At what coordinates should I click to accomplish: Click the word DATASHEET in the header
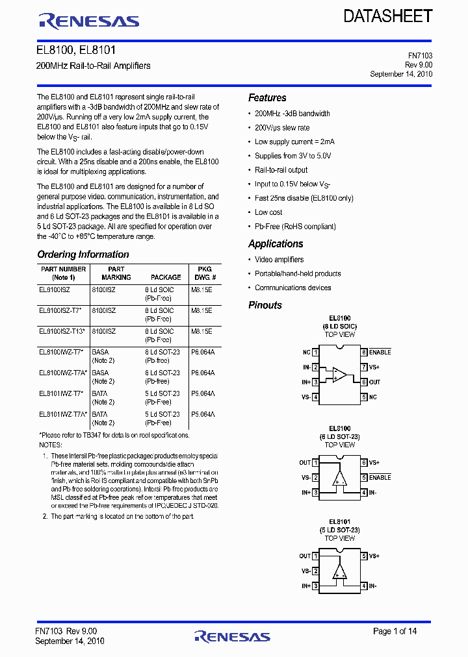(x=388, y=16)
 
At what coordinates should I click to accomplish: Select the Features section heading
(x=267, y=98)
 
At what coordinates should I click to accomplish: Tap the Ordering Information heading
(x=83, y=254)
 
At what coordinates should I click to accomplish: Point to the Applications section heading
(x=276, y=244)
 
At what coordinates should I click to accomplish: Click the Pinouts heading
(x=265, y=305)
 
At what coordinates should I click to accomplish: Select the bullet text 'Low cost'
(x=268, y=212)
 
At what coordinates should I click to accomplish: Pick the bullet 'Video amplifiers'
(x=279, y=260)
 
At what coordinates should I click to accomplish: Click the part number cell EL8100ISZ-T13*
(x=62, y=331)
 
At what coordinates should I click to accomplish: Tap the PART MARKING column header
(x=116, y=273)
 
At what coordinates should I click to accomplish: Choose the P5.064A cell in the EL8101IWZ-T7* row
(x=203, y=393)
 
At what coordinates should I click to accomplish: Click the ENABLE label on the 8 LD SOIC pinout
(x=380, y=352)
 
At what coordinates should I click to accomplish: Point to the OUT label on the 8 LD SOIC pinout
(x=374, y=382)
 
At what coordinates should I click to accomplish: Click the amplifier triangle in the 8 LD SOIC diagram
(x=339, y=375)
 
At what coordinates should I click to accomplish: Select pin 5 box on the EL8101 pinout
(x=365, y=556)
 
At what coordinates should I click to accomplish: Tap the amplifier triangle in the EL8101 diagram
(x=339, y=571)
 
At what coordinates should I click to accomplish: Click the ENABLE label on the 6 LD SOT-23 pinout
(x=380, y=477)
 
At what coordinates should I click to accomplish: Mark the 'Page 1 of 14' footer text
(x=395, y=631)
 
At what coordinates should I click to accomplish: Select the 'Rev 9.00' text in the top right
(x=419, y=65)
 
